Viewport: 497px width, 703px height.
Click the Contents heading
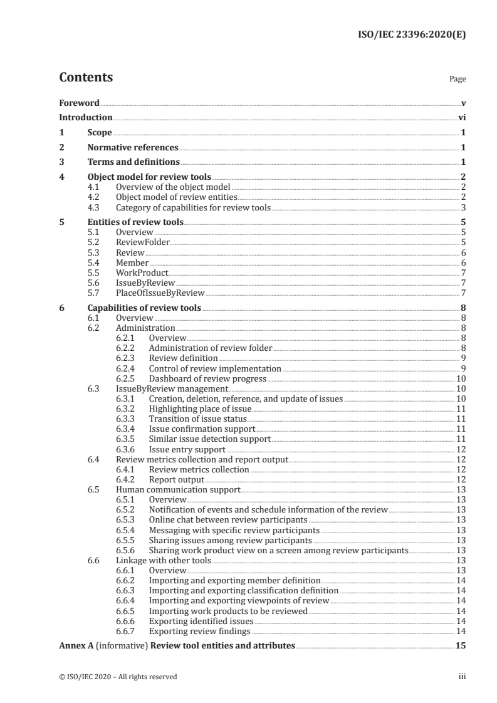[86, 78]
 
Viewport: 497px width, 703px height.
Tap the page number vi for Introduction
[461, 117]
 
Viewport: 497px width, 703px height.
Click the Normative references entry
[133, 148]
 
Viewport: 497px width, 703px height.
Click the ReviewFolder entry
[143, 241]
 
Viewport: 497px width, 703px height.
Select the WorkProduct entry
[142, 273]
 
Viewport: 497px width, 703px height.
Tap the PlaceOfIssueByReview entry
[160, 293]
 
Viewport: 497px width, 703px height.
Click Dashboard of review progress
[207, 378]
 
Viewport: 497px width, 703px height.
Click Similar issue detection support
[209, 439]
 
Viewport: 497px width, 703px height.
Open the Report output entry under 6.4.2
[176, 479]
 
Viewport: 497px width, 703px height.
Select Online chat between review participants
[228, 519]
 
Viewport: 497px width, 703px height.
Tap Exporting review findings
[199, 630]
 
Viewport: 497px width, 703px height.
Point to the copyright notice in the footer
[118, 677]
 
